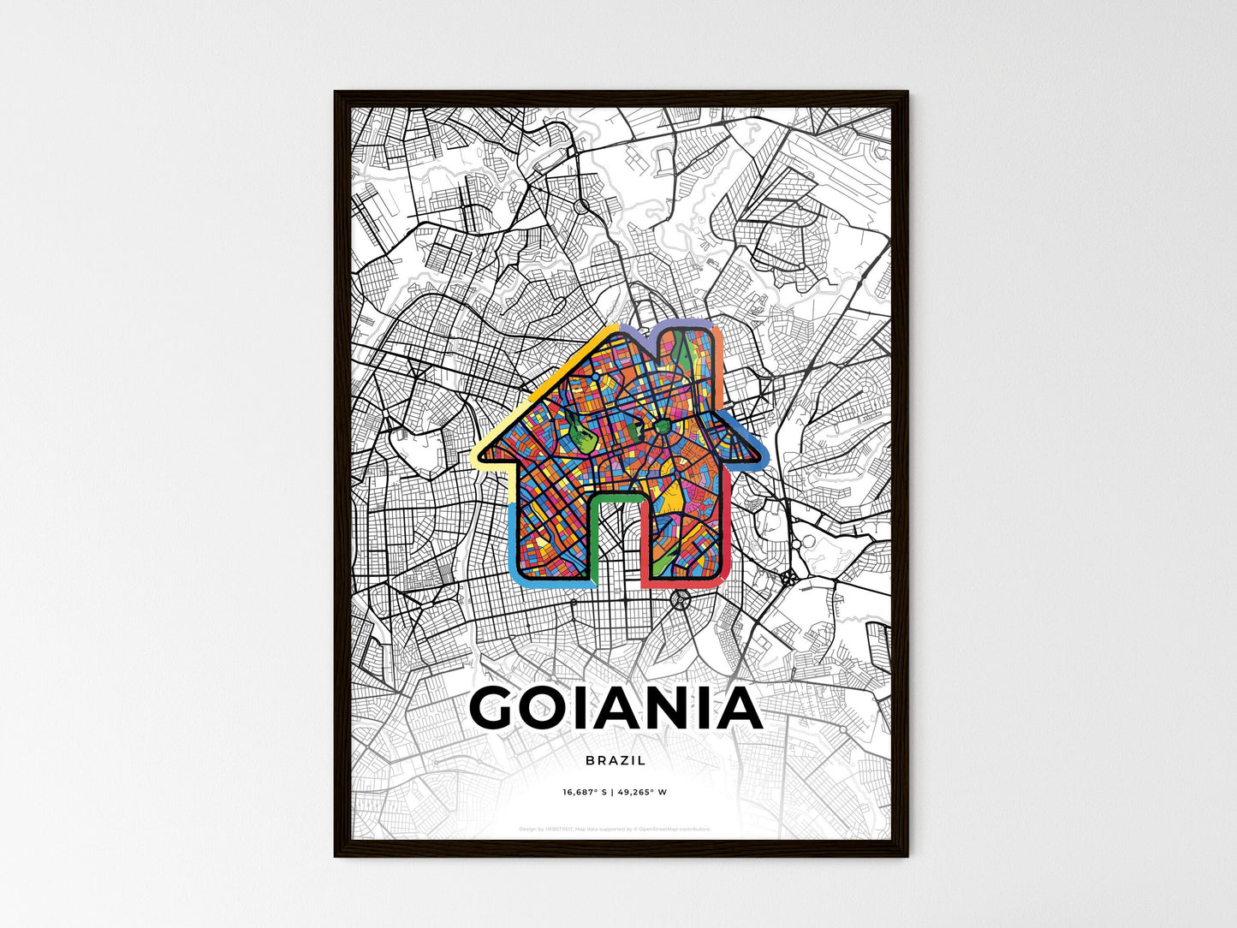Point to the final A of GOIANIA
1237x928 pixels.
coord(734,708)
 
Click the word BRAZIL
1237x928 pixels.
coord(616,760)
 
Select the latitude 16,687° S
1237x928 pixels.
coord(585,792)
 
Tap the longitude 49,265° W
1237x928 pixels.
coord(642,792)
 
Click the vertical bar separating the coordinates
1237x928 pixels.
coord(614,792)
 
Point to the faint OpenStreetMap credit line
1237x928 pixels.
coord(616,829)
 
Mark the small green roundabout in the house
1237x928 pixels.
coord(663,425)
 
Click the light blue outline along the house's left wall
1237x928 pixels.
coord(514,539)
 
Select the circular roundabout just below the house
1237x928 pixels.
coord(681,598)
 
